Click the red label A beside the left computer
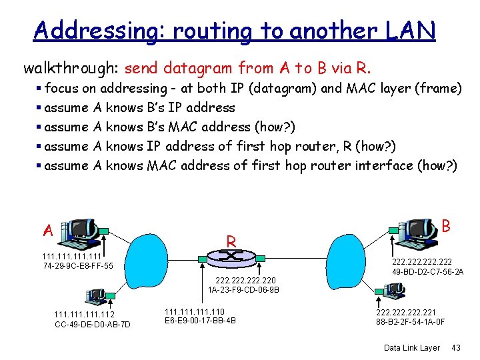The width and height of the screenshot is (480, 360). pos(48,230)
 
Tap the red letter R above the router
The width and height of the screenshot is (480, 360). pos(231,240)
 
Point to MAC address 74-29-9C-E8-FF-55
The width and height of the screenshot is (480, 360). pos(77,267)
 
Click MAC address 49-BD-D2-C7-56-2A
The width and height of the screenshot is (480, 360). pos(428,273)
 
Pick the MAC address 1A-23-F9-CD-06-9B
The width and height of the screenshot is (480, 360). pos(244,291)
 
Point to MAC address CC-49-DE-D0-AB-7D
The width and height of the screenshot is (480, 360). pos(93,325)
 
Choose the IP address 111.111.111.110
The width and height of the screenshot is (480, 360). pos(194,311)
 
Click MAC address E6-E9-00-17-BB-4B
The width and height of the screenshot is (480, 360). pos(200,321)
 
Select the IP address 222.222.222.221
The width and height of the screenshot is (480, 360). pos(407,312)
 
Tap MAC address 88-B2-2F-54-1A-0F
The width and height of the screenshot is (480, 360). pos(411,322)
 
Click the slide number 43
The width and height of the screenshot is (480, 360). pos(456,348)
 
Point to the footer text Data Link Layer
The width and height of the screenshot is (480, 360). pos(412,348)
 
